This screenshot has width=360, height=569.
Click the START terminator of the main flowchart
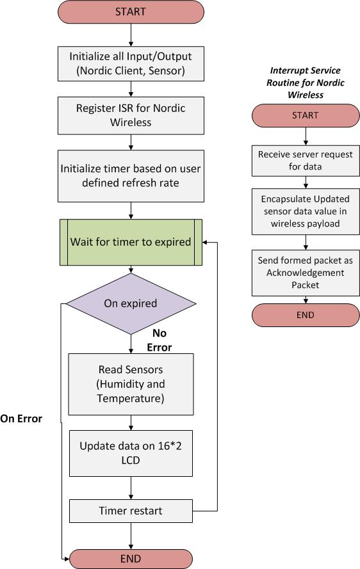131,12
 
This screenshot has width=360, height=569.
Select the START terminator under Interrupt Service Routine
306,115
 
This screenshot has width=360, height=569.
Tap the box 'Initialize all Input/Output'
131,63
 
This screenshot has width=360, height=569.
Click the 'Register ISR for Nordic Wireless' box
131,115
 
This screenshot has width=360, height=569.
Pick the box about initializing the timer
131,176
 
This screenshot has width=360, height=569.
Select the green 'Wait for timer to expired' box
131,242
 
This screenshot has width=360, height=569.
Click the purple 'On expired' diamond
131,303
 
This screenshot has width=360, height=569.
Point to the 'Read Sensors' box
131,384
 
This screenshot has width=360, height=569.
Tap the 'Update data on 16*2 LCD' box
131,453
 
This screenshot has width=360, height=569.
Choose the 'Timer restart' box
131,511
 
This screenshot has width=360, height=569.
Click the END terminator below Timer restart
131,559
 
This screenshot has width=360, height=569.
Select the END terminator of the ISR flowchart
306,315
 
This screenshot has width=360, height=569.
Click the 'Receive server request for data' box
306,161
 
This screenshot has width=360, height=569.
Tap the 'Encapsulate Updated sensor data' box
306,211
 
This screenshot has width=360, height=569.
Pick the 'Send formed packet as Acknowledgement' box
306,273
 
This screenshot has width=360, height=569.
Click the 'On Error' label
21,419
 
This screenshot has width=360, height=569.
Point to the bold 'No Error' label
160,341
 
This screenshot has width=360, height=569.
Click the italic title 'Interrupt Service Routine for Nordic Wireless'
306,83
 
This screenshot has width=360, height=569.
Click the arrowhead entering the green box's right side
205,243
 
